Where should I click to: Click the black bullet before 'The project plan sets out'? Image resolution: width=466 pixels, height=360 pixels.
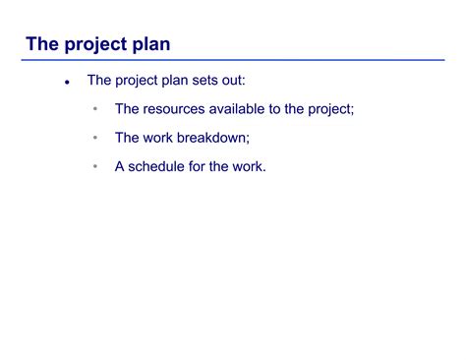pos(67,82)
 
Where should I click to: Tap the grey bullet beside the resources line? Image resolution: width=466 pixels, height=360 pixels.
pos(95,109)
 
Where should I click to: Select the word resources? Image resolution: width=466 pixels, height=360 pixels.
pos(180,109)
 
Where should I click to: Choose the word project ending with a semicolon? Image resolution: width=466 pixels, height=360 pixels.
pos(329,109)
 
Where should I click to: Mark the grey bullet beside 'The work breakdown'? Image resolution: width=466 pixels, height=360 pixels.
pos(95,139)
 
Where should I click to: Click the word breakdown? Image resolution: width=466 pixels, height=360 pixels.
pos(221,139)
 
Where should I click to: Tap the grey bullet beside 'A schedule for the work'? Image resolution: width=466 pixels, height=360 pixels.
pos(95,167)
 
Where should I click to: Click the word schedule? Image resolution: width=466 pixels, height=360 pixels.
pos(159,167)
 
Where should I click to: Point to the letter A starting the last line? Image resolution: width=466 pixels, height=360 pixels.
pos(120,167)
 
